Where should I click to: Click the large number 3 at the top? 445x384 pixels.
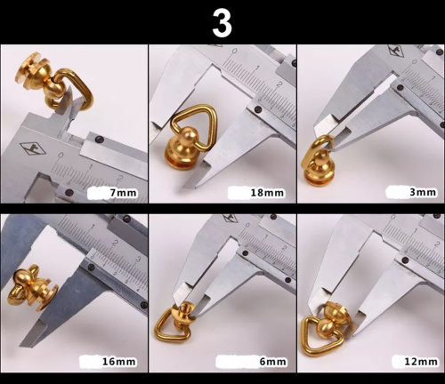(222, 24)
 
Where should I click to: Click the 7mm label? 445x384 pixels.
(124, 193)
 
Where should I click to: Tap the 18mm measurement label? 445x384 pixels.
(267, 193)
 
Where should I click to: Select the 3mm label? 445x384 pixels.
(423, 192)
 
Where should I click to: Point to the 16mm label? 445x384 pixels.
(119, 362)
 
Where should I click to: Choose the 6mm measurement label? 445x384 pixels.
(273, 362)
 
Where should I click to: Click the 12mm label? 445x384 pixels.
(421, 362)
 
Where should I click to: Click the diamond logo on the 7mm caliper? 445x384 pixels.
(33, 148)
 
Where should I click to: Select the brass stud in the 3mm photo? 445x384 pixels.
(317, 168)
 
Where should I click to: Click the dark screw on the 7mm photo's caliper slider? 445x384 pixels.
(101, 140)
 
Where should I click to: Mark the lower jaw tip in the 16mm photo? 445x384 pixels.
(21, 346)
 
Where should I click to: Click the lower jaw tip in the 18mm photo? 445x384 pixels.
(184, 187)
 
